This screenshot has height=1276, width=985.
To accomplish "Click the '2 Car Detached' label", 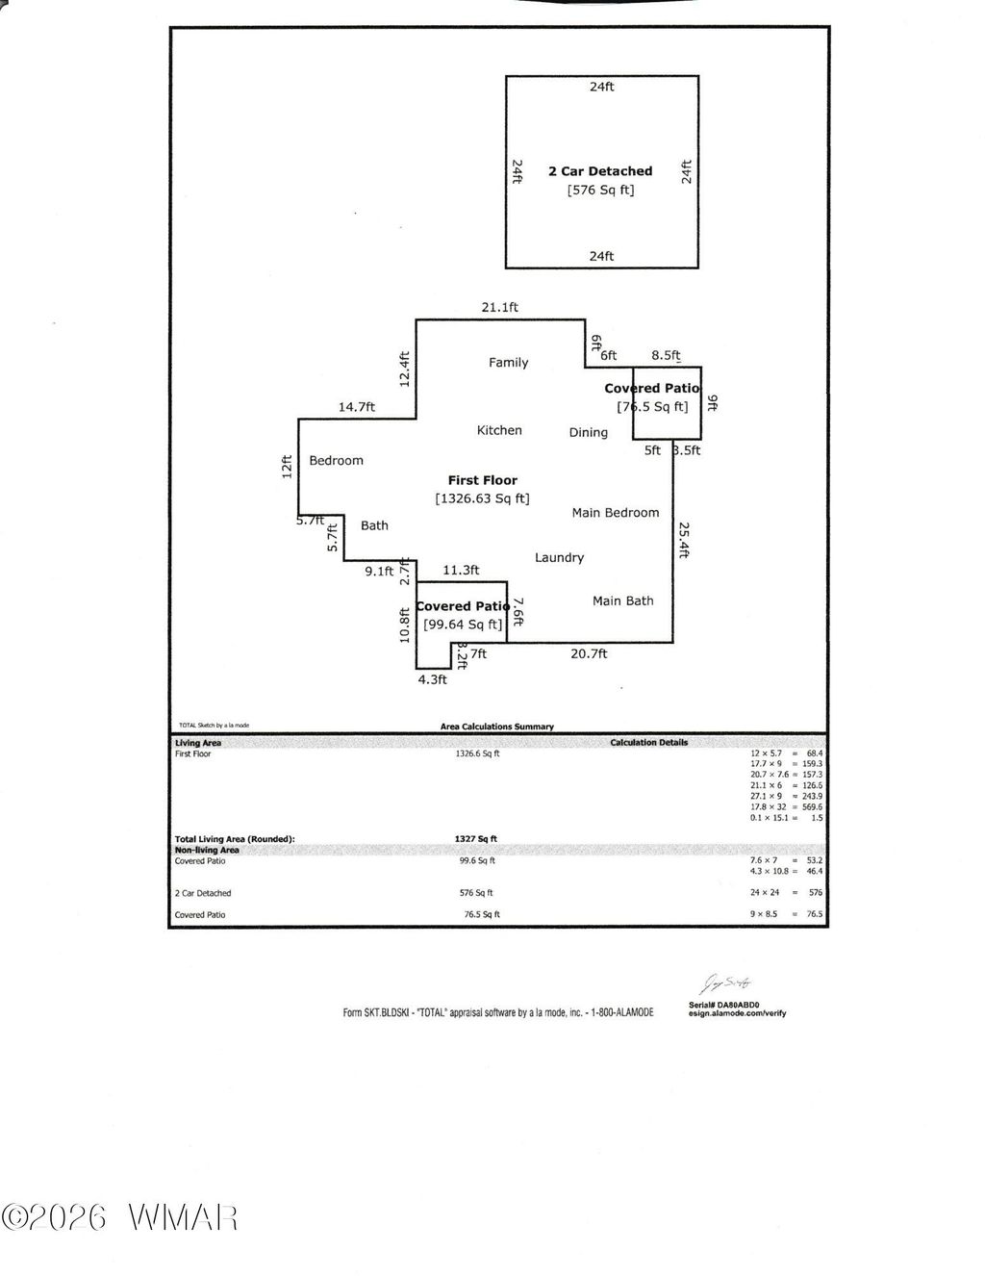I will point(600,171).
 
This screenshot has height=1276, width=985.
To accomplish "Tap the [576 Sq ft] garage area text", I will point(600,191).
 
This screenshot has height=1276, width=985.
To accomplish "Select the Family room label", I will point(508,363).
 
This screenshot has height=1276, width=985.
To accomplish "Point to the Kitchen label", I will point(499,430).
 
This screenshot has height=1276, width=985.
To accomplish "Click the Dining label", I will point(588,432).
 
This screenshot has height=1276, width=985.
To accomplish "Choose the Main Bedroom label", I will point(616,513).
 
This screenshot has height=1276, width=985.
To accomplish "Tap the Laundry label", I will point(559,557).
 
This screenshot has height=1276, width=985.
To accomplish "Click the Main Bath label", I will point(622,600).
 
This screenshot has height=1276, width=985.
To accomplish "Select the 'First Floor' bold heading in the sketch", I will point(482,480).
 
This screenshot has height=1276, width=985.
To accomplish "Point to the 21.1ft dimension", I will point(500,308).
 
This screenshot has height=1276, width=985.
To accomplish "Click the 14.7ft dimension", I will point(356,407).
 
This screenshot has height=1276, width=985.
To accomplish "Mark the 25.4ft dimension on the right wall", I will point(683,540).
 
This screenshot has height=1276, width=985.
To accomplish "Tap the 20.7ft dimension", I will point(589,653).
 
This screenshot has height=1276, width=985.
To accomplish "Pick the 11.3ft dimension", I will point(461,570).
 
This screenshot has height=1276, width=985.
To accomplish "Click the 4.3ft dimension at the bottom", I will point(432,678).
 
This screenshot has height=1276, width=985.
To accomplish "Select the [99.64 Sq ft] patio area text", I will point(463,625).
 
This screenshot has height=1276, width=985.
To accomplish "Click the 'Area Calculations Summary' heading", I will point(496,727).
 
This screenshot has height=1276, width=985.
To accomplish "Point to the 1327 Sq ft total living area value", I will point(475,839).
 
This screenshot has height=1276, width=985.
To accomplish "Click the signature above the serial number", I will point(723,983).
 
